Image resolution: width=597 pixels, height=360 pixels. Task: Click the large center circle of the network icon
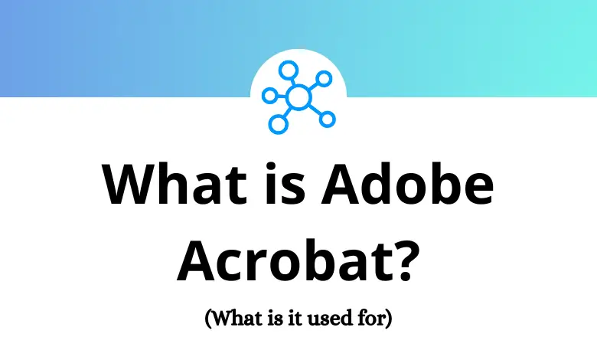(298, 97)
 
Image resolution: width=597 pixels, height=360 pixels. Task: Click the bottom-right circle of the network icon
(328, 119)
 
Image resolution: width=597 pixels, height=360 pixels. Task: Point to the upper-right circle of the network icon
(325, 78)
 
